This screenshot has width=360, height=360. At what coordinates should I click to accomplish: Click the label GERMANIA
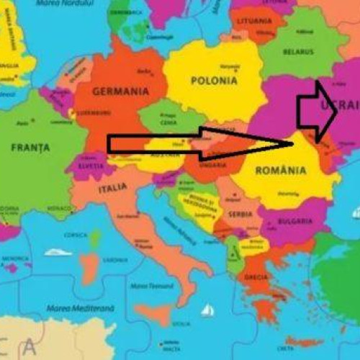point(121,91)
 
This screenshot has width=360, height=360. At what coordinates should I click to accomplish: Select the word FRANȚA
point(30,148)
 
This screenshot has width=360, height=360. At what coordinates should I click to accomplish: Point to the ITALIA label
point(113,189)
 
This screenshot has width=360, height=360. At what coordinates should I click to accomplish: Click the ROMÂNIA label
point(282,171)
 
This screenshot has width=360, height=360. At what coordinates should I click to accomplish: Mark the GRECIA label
point(255,277)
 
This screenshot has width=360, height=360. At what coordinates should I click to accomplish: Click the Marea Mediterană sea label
point(80,308)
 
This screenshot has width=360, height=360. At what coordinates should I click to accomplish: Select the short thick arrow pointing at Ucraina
point(316,109)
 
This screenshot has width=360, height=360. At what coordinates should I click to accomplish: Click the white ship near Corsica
point(58,253)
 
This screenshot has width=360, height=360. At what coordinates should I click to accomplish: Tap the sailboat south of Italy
point(207,310)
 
